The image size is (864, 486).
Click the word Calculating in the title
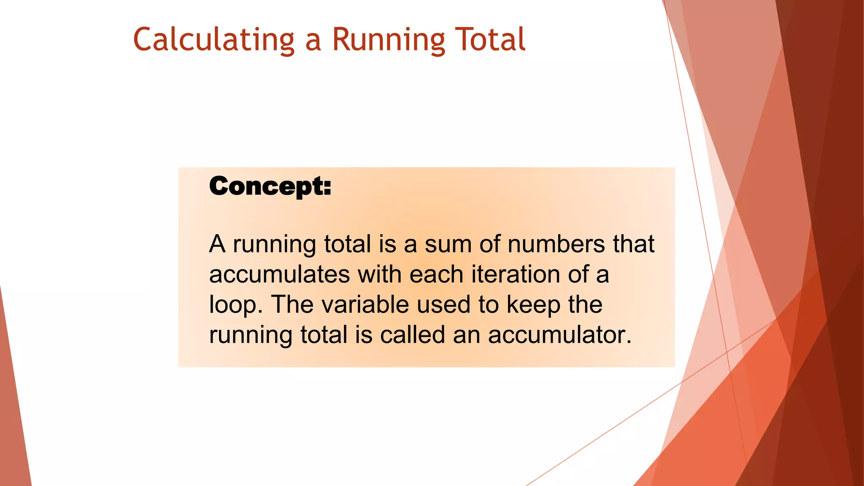coord(213,39)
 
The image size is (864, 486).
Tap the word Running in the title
coord(388,39)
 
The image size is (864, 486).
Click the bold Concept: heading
coord(270,186)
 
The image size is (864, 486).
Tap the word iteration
coord(515,274)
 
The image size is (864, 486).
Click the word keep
coord(533,305)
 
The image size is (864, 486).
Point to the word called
coord(412,335)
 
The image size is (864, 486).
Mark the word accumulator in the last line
coord(559,335)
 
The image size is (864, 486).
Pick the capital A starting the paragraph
coord(217,244)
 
